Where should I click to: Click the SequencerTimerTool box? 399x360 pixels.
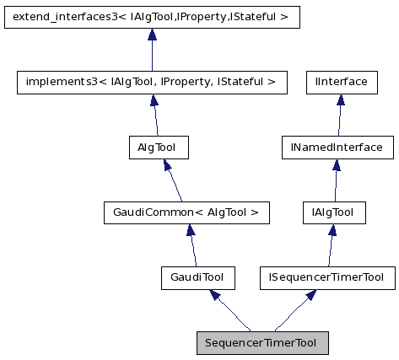262,343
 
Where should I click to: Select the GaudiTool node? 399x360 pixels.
197,277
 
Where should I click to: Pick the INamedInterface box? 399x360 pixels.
337,148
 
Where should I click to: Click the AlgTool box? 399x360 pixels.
156,148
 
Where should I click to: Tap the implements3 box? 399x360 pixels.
152,82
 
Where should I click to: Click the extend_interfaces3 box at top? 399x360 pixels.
152,17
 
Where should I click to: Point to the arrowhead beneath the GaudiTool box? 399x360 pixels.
216,295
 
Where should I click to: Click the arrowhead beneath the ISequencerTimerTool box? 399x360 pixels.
311,295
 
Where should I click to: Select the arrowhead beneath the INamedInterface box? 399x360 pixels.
337,165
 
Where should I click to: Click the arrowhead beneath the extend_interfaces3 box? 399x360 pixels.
152,35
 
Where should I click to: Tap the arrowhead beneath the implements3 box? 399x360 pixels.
154,99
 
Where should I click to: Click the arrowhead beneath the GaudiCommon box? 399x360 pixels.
189,230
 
